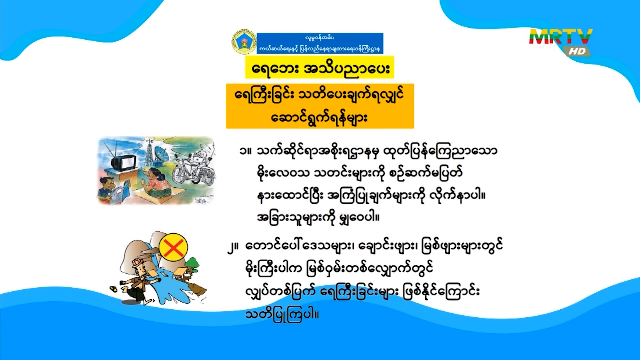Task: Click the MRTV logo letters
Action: tap(561, 37)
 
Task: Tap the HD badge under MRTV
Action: tap(577, 51)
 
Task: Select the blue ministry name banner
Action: tap(320, 43)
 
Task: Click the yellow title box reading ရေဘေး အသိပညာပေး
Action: tap(320, 68)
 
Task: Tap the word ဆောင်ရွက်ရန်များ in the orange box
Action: tap(319, 117)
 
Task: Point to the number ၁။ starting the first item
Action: tap(245, 151)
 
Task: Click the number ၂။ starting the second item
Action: tap(233, 247)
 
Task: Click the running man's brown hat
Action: tap(137, 262)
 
